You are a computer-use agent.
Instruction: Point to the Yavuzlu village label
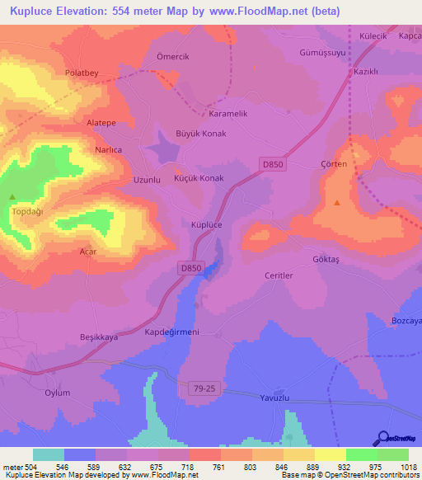[277, 396]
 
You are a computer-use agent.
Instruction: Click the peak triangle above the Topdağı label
[12, 197]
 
